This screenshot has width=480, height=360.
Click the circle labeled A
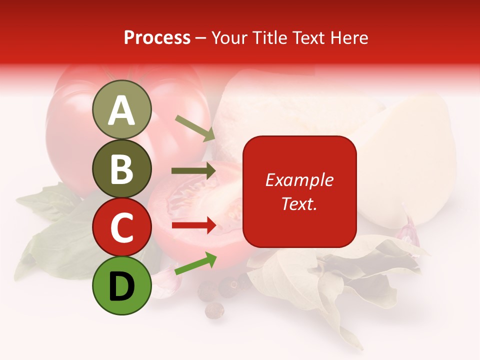click(x=121, y=109)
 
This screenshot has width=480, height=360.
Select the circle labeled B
click(x=121, y=168)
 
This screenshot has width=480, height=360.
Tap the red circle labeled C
click(x=121, y=227)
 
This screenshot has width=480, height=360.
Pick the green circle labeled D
click(x=121, y=285)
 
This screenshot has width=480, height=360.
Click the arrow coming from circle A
click(x=195, y=128)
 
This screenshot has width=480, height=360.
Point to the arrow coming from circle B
click(x=193, y=171)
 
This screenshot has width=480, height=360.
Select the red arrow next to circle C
click(x=193, y=225)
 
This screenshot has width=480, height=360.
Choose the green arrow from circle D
click(x=195, y=263)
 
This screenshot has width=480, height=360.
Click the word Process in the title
click(x=157, y=38)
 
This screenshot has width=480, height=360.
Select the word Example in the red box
click(x=299, y=180)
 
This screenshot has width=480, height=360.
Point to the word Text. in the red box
click(x=299, y=203)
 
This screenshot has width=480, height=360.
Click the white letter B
click(x=121, y=168)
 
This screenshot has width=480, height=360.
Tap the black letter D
click(x=121, y=286)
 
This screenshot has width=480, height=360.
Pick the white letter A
click(x=121, y=110)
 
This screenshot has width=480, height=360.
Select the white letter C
click(x=121, y=227)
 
